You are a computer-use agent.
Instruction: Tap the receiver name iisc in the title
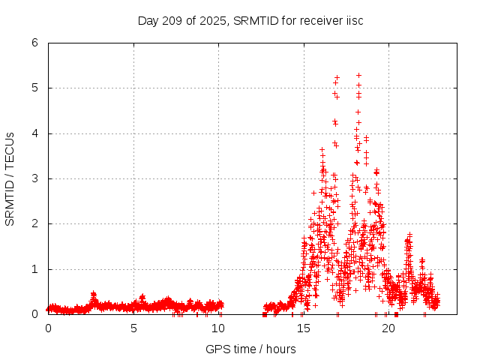point(352,20)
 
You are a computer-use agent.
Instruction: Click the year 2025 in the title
point(202,20)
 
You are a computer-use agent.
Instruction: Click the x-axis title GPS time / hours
point(250,349)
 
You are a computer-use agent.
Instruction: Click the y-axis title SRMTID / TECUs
point(10,178)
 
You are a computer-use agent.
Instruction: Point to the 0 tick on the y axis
point(35,314)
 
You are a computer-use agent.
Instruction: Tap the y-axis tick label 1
point(35,269)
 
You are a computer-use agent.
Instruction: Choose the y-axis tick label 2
point(35,223)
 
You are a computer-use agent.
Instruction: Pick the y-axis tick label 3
point(35,178)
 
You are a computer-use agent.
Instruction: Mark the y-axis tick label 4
point(35,133)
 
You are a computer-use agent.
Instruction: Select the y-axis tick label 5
point(35,88)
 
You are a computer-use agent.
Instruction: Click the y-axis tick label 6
point(35,43)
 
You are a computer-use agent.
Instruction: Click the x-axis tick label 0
point(49,328)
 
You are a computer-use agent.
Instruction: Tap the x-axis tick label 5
point(133,328)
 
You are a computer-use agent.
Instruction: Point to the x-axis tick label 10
point(219,328)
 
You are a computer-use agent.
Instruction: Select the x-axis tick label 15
point(304,328)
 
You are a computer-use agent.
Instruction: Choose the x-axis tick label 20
point(389,328)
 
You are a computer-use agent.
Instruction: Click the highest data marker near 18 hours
point(358,75)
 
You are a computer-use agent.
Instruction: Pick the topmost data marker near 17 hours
point(337,77)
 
